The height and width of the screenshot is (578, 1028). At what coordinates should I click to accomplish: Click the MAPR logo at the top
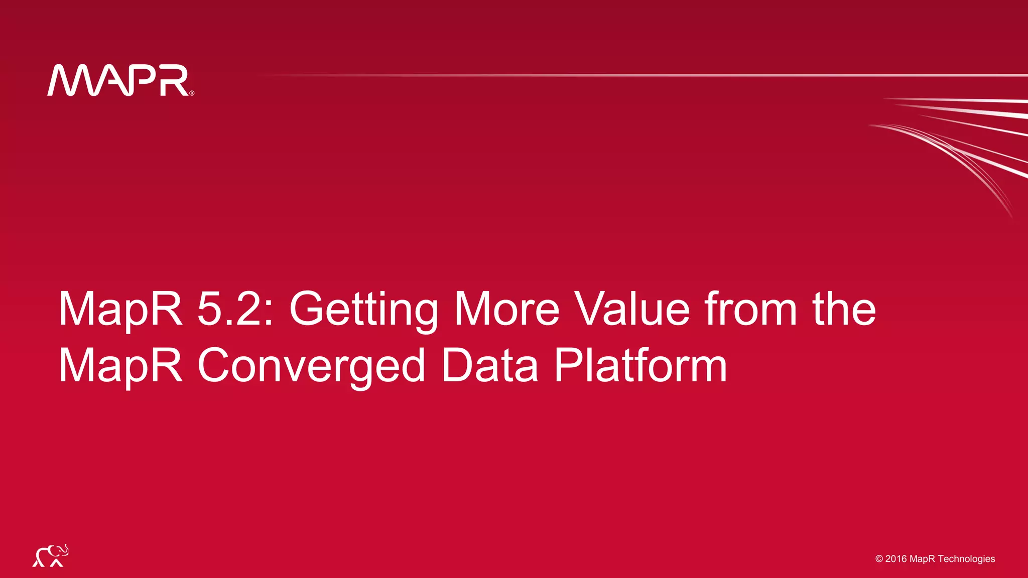coord(118,80)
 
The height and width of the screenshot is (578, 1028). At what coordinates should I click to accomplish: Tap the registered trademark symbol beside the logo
coord(192,93)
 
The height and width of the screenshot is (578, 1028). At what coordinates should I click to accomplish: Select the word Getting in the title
coord(363,310)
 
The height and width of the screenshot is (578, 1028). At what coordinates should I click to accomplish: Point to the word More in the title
coord(506,309)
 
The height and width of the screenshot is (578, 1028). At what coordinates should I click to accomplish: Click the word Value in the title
coord(632,309)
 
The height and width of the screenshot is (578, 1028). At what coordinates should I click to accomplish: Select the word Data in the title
coord(489,365)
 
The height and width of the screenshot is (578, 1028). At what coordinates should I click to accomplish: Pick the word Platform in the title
coord(640,365)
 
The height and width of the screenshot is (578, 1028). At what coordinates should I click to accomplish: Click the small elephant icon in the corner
coord(50,556)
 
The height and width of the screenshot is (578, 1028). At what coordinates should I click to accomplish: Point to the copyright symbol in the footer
coord(879,559)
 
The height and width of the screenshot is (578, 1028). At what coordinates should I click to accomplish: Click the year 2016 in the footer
coord(896,559)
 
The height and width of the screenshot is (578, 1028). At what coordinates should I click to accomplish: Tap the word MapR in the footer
coord(923,559)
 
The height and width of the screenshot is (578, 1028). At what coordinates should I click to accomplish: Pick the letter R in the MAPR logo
coord(174,80)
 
